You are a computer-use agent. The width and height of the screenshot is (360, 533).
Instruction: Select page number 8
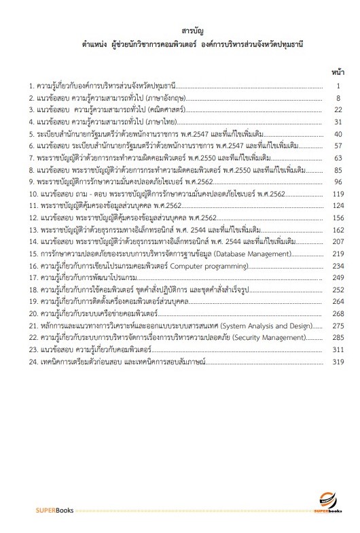pyautogui.click(x=337, y=98)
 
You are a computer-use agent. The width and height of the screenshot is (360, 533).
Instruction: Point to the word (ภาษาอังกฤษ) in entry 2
pyautogui.click(x=164, y=98)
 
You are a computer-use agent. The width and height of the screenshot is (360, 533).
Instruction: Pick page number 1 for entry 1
pyautogui.click(x=337, y=86)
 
